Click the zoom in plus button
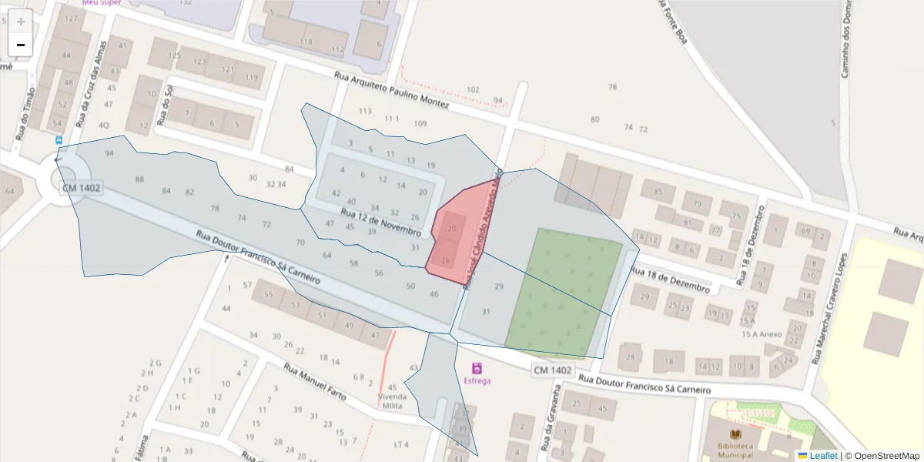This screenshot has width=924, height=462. (21, 22)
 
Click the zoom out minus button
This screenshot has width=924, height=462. (21, 45)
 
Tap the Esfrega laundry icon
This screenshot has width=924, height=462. (477, 368)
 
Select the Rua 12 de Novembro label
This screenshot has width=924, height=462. (380, 222)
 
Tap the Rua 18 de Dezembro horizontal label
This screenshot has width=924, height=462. (670, 280)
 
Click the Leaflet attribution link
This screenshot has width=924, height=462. (822, 456)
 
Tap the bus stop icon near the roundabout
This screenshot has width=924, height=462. (59, 140)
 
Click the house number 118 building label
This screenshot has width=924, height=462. (306, 42)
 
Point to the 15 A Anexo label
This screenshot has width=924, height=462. (761, 334)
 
